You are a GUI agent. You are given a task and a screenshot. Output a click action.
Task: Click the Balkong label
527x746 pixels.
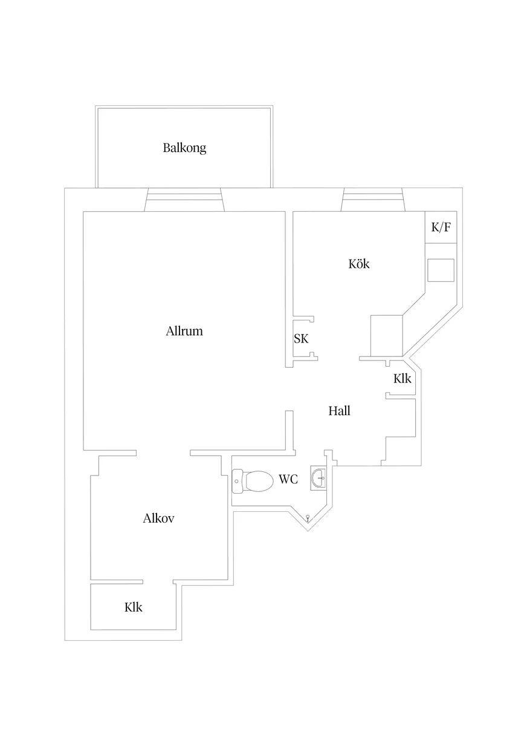184,148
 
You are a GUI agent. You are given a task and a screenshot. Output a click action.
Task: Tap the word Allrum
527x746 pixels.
184,332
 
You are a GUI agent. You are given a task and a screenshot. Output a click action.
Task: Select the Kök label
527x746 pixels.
358,264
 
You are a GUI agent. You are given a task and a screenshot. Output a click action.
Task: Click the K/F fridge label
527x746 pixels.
441,228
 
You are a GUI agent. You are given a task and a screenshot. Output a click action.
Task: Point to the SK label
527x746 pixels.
301,339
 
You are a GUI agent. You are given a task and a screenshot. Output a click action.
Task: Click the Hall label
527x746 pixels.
339,411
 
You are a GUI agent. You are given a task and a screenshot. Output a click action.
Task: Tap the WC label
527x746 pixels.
288,479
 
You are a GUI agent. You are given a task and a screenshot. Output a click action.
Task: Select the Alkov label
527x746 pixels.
159,519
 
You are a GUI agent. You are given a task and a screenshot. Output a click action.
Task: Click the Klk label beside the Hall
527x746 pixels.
402,379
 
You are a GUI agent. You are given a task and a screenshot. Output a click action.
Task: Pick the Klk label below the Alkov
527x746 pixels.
134,607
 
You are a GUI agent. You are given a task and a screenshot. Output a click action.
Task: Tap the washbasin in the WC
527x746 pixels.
318,478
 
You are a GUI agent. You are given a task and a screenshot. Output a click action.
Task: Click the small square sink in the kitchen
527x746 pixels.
441,270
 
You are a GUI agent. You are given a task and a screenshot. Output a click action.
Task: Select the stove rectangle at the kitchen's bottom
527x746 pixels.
386,336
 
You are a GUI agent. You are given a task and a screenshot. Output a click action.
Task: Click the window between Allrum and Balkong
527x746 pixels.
184,200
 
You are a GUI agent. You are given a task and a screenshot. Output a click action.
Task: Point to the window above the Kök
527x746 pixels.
373,200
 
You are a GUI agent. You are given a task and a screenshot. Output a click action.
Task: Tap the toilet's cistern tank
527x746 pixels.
237,482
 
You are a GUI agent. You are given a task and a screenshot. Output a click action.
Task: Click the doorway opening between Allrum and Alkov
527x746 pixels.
163,453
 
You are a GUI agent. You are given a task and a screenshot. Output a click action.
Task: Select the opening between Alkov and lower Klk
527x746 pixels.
158,582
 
